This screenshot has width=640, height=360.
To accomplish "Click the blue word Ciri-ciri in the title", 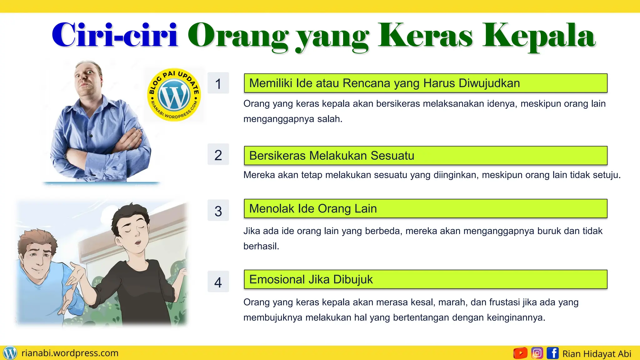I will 115,35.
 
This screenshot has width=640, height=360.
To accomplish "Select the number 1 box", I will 218,83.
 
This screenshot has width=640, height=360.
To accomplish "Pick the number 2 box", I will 218,155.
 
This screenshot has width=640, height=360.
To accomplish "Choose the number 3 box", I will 218,211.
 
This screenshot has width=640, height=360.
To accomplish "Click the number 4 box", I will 218,282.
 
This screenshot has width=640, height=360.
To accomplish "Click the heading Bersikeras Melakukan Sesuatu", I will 332,156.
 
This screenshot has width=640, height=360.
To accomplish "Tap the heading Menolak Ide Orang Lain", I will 313,208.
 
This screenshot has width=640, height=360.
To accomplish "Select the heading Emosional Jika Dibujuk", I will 311,279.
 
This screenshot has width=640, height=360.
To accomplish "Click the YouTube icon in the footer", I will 520,353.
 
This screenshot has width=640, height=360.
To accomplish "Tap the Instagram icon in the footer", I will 537,353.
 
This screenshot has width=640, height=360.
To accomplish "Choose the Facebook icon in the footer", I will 552,353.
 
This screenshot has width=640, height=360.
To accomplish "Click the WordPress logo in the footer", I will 10,353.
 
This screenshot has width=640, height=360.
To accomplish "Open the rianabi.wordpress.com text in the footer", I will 70,353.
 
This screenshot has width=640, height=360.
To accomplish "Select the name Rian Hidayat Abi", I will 597,354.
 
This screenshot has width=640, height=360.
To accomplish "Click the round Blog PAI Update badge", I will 174,94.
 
